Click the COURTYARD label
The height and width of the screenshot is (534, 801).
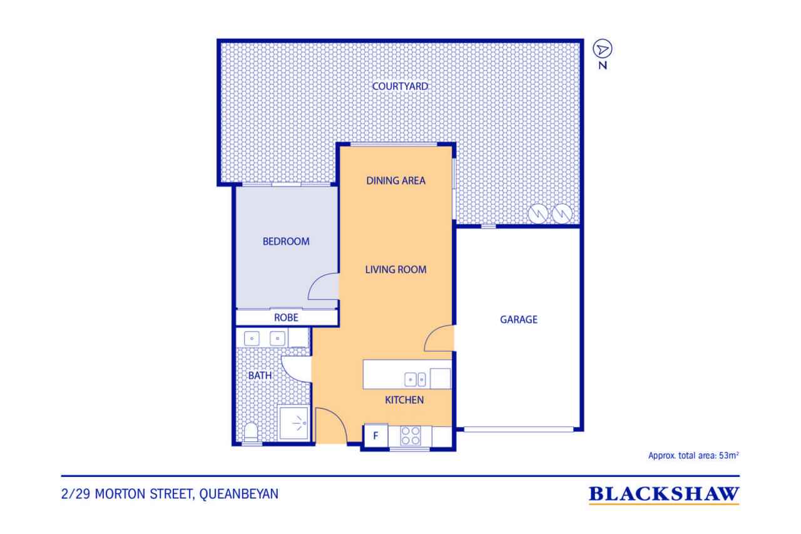400,86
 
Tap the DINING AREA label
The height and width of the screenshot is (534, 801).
395,181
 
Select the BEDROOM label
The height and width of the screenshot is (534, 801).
286,242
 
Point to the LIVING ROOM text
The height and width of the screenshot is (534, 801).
395,269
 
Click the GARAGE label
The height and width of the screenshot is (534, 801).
519,319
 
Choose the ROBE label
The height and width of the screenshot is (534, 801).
286,317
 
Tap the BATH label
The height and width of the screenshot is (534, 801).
260,376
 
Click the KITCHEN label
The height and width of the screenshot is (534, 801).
404,400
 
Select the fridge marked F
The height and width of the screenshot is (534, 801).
376,435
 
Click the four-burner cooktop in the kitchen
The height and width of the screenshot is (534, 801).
410,436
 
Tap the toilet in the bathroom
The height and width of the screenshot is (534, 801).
251,432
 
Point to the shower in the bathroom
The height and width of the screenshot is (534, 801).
293,423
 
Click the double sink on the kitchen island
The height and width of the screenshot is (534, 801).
415,379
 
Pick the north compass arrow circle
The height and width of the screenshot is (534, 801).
603,49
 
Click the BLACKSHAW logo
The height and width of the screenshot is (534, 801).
664,495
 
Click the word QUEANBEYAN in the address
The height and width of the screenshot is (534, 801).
238,494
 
